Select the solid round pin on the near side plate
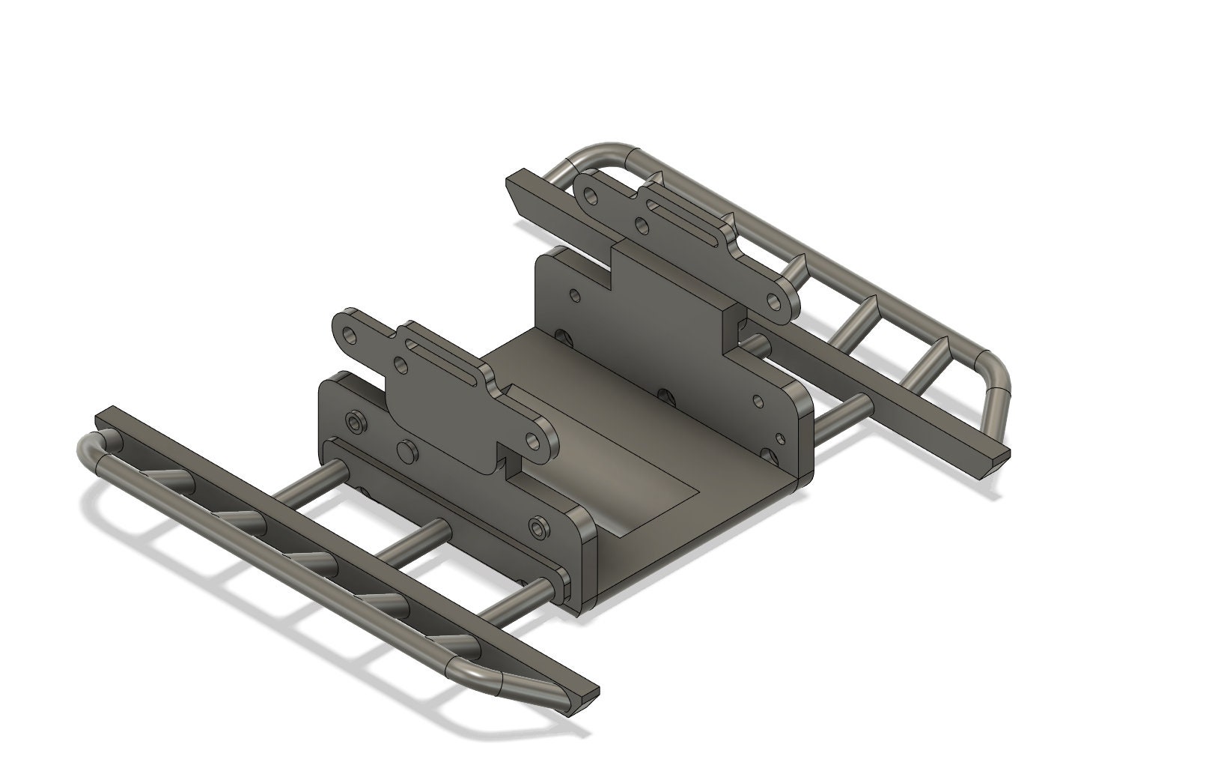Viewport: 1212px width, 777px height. point(408,451)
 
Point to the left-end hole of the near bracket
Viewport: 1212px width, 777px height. point(349,334)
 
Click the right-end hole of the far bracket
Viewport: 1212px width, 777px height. point(776,302)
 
